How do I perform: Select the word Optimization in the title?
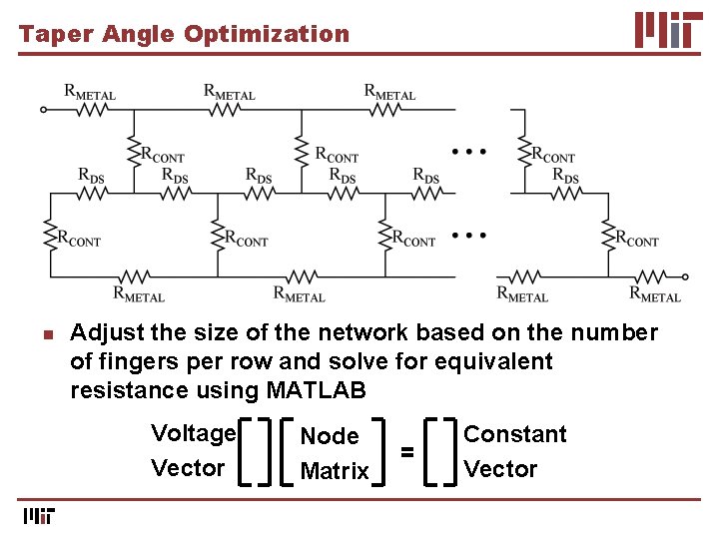click(267, 34)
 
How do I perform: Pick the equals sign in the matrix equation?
click(407, 452)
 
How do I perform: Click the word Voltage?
click(193, 433)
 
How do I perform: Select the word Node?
click(330, 436)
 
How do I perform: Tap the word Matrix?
click(335, 471)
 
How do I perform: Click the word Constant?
click(514, 434)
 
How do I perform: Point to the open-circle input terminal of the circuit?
click(43, 110)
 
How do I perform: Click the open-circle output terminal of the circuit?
click(686, 277)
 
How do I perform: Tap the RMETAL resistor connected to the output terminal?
click(654, 276)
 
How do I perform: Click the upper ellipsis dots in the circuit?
click(468, 152)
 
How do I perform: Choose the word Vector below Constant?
click(500, 469)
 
